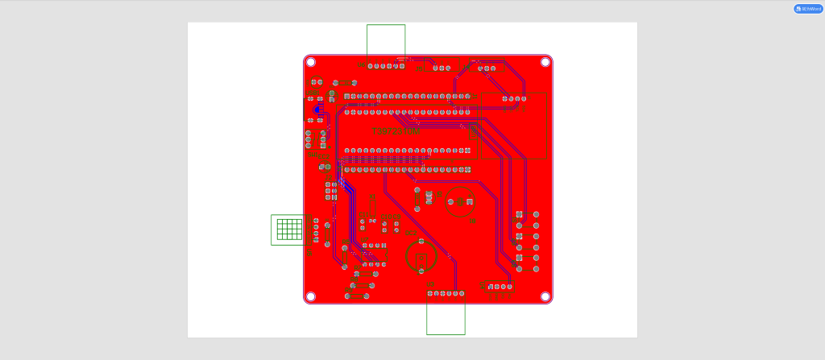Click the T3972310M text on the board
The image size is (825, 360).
tap(396, 131)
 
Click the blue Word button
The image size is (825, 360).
tap(808, 9)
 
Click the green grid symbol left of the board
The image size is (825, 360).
tap(288, 230)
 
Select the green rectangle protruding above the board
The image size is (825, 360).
tap(386, 39)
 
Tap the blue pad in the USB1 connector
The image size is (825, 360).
tap(317, 109)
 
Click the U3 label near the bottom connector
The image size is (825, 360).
tap(430, 284)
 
